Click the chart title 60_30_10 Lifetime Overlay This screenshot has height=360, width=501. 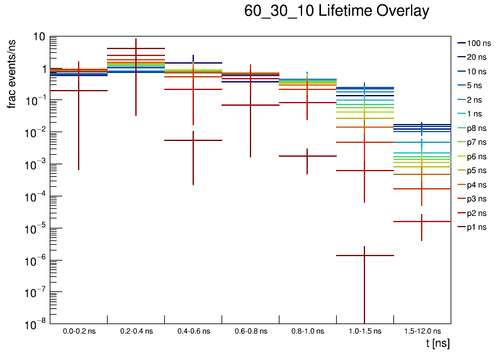[337, 11]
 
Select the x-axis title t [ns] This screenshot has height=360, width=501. [437, 344]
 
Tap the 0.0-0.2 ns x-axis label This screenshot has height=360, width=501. [79, 331]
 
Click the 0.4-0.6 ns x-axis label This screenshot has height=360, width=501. [193, 331]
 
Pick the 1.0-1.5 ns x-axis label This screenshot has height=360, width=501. [364, 331]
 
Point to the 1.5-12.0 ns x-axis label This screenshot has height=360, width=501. [422, 331]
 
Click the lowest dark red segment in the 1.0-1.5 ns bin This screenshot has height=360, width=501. [365, 256]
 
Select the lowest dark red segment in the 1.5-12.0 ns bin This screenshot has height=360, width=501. [422, 222]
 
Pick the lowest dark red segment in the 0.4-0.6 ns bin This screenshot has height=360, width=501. [193, 140]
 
